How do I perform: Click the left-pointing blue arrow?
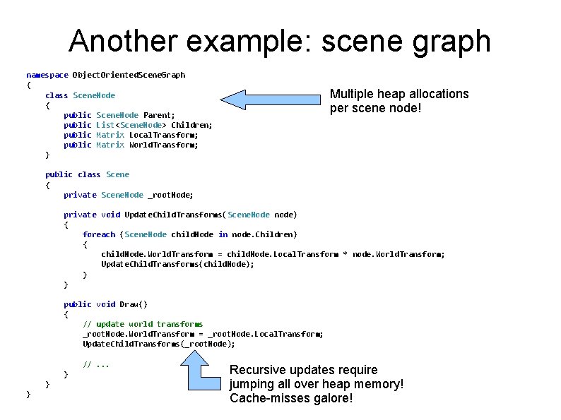[269, 100]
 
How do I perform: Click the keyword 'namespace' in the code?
[47, 75]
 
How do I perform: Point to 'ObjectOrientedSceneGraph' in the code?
[129, 75]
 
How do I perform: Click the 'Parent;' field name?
[159, 114]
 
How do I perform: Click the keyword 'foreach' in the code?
[98, 234]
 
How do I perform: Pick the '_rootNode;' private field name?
[170, 195]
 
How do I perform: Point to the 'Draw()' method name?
[134, 304]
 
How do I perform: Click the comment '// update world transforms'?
[143, 324]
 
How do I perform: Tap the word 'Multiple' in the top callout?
[353, 94]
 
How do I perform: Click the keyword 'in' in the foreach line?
[223, 234]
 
